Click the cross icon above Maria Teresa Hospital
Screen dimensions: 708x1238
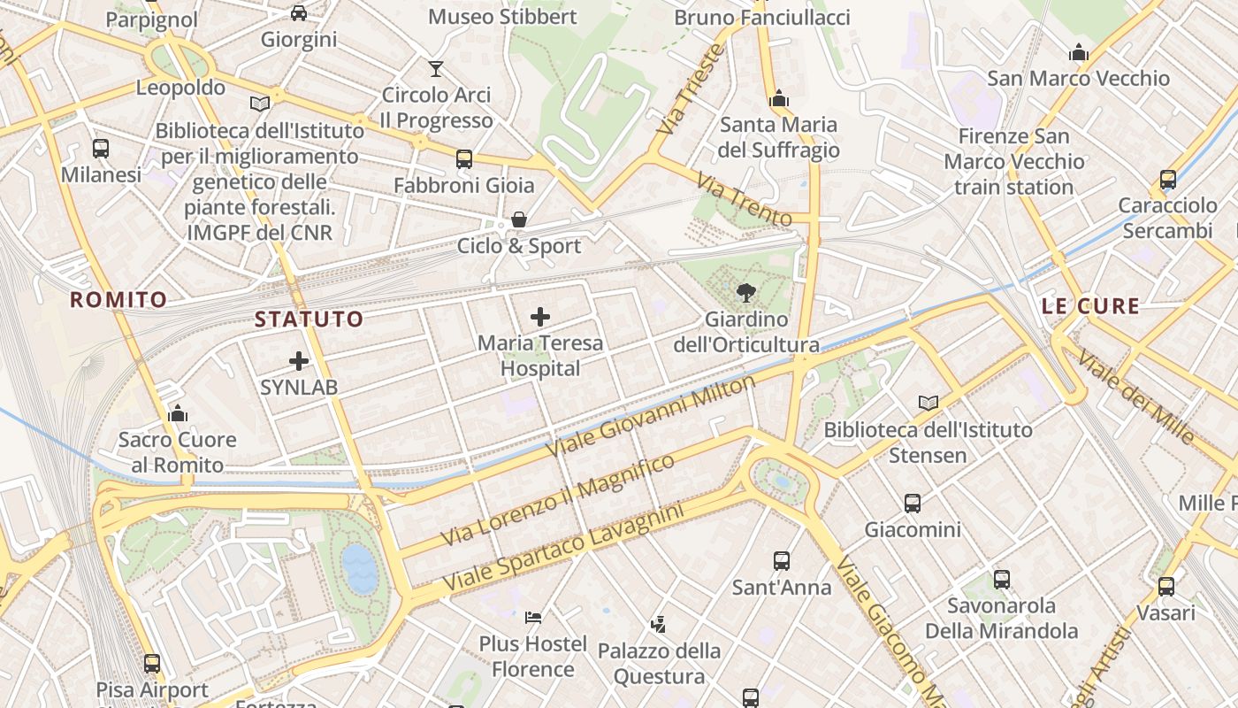[x=540, y=317]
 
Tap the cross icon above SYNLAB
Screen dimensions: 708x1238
[x=299, y=361]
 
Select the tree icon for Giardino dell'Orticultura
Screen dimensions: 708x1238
[x=746, y=293]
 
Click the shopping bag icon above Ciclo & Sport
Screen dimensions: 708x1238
[x=519, y=219]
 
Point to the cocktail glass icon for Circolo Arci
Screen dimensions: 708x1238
[x=436, y=68]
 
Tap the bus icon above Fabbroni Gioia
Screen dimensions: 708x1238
[x=464, y=159]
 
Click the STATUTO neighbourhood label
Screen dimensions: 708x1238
[x=309, y=319]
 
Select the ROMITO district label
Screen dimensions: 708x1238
[x=118, y=300]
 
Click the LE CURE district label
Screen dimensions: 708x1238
[x=1090, y=307]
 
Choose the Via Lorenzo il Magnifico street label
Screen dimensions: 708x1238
[x=557, y=500]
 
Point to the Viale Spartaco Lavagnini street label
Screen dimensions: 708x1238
[x=563, y=550]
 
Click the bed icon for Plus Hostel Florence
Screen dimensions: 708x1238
[x=533, y=617]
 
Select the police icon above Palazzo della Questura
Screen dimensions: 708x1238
[x=658, y=625]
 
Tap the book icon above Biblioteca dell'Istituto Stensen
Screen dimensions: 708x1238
[x=928, y=404]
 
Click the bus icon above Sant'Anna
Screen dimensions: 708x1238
[x=782, y=561]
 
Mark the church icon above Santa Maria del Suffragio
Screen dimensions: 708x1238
[x=779, y=98]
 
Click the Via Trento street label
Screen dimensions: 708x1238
[x=744, y=199]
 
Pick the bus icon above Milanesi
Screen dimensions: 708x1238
[x=101, y=149]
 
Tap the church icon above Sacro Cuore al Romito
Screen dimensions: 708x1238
[x=178, y=413]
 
